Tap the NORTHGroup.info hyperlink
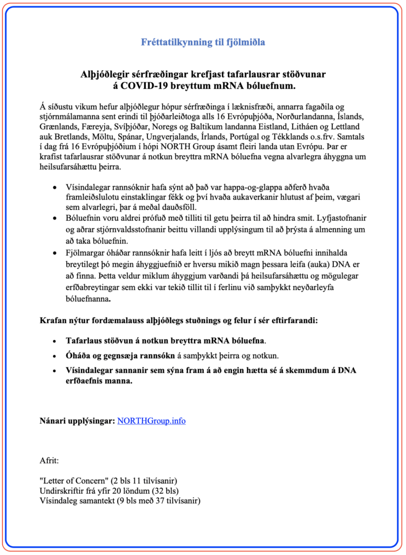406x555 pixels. coord(151,421)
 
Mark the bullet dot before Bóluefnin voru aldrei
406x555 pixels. coord(54,217)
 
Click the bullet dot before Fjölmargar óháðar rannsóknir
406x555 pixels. coord(54,253)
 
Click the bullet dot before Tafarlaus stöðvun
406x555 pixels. coord(54,341)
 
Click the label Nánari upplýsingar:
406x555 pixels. coord(76,421)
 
